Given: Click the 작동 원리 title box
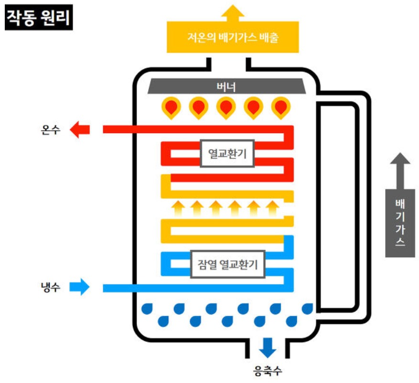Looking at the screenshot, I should pyautogui.click(x=39, y=18).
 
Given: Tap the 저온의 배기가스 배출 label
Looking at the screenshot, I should pyautogui.click(x=233, y=37).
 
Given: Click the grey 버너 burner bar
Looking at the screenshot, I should pyautogui.click(x=226, y=87).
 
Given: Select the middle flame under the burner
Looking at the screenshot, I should pyautogui.click(x=226, y=107).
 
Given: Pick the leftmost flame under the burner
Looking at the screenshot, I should pyautogui.click(x=171, y=107).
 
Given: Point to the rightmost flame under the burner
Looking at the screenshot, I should pyautogui.click(x=281, y=107).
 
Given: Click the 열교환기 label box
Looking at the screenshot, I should pyautogui.click(x=226, y=153).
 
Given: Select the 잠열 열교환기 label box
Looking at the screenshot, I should pyautogui.click(x=227, y=264).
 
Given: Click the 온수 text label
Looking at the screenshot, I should pyautogui.click(x=51, y=130).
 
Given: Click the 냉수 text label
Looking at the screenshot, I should pyautogui.click(x=51, y=288).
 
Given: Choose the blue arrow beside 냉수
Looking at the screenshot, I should pyautogui.click(x=79, y=287).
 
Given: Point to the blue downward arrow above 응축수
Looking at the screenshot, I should pyautogui.click(x=268, y=347).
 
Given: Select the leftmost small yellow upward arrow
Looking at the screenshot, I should pyautogui.click(x=178, y=208).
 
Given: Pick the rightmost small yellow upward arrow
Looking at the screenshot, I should pyautogui.click(x=273, y=208).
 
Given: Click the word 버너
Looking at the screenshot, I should pyautogui.click(x=226, y=87).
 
